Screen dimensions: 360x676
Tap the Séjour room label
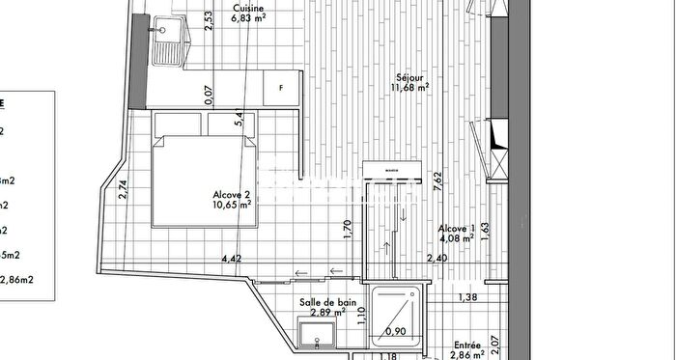coord(410,76)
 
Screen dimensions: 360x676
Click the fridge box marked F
coord(281,87)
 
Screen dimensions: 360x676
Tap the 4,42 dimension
coord(232,259)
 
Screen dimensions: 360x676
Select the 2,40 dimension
coord(437,259)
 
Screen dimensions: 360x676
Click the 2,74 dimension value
coord(122,189)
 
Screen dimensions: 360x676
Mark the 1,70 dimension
coord(348,230)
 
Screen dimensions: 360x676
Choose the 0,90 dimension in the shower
coord(395,332)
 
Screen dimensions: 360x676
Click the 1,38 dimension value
coord(468,296)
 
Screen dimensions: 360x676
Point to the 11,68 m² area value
coord(410,87)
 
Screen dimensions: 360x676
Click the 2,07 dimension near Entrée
coord(493,341)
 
